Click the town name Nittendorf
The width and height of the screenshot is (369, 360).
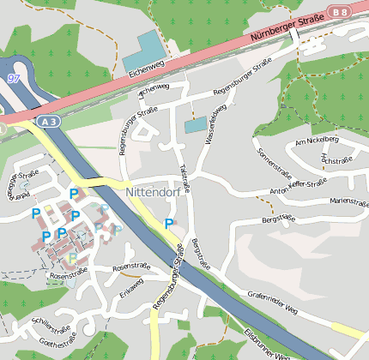coord(154,193)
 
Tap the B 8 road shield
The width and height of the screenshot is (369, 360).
coord(341,11)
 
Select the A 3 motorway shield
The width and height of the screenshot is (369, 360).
coord(48,123)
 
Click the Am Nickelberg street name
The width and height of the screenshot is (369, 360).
coord(317,140)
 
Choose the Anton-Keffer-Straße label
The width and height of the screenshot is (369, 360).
coord(299,186)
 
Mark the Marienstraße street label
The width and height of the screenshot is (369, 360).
coord(348,202)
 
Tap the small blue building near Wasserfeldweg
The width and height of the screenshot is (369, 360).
coord(196,125)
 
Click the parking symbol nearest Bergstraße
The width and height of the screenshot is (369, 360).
coord(169,224)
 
